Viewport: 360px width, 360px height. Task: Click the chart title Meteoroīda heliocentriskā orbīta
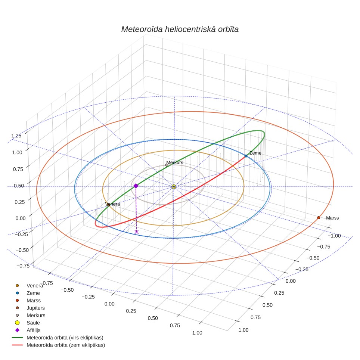(180, 29)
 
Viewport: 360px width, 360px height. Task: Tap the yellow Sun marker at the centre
(174, 187)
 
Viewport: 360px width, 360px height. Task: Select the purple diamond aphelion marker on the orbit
(136, 186)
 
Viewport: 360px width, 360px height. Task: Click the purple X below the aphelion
(137, 232)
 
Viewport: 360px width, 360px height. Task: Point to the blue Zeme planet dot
(246, 156)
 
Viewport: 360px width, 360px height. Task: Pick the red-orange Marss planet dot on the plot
(319, 218)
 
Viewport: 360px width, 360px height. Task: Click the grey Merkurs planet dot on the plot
(167, 165)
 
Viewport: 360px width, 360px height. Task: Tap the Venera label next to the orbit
(112, 204)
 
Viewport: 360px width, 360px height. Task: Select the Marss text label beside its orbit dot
(332, 218)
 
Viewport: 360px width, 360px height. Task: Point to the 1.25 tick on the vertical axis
(16, 136)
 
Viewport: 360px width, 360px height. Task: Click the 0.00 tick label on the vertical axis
(21, 218)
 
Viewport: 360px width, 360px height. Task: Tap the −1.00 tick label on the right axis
(334, 236)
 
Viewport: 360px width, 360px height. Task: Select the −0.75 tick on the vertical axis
(23, 266)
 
